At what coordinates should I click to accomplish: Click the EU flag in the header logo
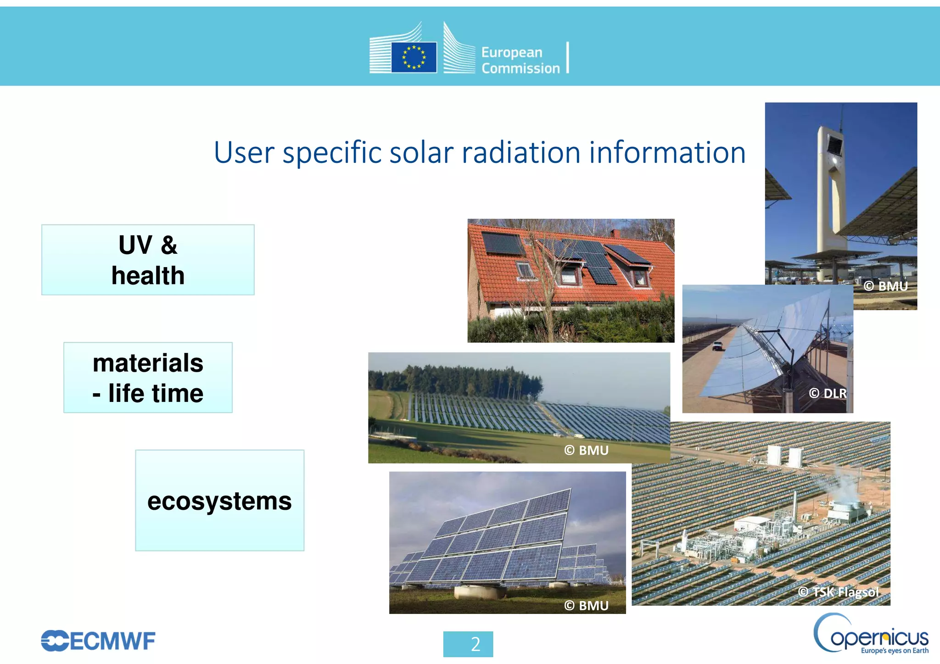coord(414,57)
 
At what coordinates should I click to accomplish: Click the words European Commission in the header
coord(520,60)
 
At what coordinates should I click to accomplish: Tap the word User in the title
coord(244,152)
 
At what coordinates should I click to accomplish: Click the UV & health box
coord(148,260)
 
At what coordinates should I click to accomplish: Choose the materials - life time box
coord(148,377)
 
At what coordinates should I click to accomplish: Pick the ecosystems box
coord(219,500)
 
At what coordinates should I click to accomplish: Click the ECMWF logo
coord(98,641)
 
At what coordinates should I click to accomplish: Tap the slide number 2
coord(475,644)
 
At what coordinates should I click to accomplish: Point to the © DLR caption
coord(828,393)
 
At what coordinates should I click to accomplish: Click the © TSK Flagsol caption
coord(838,592)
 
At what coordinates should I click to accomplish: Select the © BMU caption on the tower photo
coord(885,286)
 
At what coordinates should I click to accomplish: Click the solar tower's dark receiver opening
coord(834,145)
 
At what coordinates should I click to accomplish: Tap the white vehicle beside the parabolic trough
coord(717,346)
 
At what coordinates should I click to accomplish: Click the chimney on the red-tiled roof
coord(616,234)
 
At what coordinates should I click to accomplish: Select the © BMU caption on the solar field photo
coord(586,450)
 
